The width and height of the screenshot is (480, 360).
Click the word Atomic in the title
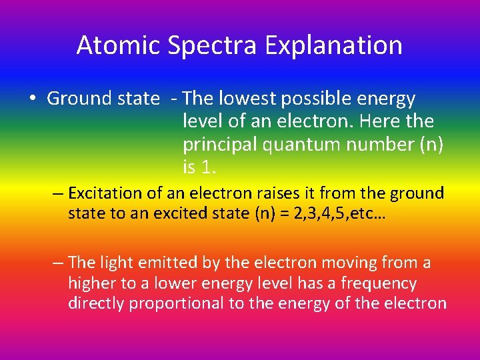[118, 45]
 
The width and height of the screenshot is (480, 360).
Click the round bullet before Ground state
[33, 99]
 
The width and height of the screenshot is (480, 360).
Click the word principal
[219, 145]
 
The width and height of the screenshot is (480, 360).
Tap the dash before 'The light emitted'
[59, 263]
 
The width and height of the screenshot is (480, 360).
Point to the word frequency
[379, 283]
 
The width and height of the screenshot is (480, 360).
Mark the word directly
[96, 303]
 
